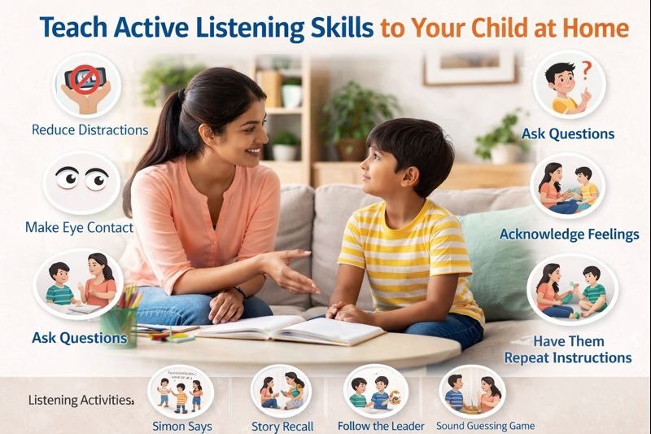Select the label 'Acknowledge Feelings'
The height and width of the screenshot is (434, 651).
click(569, 235)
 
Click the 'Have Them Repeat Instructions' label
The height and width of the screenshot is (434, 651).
click(568, 349)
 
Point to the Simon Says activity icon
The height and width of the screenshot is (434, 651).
click(180, 391)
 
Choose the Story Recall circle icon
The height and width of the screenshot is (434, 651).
click(281, 391)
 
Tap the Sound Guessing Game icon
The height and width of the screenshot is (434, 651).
click(470, 391)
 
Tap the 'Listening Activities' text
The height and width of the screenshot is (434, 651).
click(81, 400)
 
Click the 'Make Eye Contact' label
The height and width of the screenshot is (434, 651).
click(79, 227)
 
